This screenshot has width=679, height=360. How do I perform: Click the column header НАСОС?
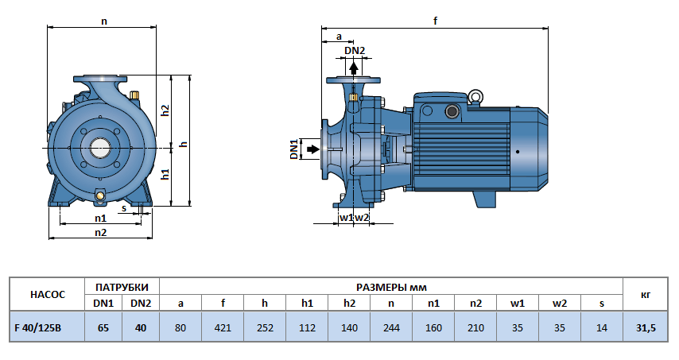coord(46,294)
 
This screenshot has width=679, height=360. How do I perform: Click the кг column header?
coord(645,294)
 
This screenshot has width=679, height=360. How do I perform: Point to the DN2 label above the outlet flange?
coord(355,52)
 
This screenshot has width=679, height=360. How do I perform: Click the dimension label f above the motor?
coord(436,21)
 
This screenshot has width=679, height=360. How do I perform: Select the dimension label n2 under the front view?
coord(100,232)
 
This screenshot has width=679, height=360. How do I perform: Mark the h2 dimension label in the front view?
coord(165,110)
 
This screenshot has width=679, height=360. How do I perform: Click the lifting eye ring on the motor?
coord(475,97)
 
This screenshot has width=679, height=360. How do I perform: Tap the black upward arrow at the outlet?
coord(354,68)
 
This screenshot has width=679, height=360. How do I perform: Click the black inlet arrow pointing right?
coord(312,149)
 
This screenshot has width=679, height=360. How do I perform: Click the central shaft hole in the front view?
coord(101,148)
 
